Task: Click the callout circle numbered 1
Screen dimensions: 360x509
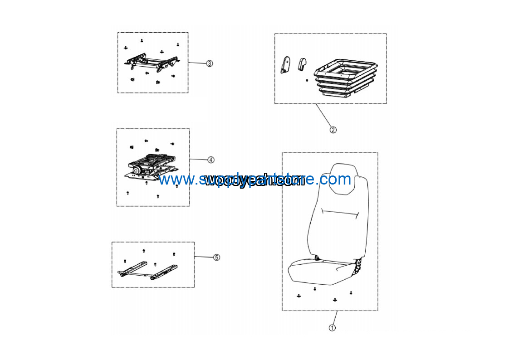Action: pyautogui.click(x=332, y=327)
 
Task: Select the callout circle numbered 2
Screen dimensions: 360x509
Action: pyautogui.click(x=333, y=130)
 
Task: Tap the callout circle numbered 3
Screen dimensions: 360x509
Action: pyautogui.click(x=209, y=63)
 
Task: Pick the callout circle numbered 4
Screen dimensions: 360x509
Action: pyautogui.click(x=211, y=160)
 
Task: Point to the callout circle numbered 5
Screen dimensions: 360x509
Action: pyautogui.click(x=216, y=257)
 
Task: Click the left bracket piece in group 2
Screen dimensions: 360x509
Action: pyautogui.click(x=285, y=64)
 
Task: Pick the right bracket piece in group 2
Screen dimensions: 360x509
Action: pyautogui.click(x=302, y=64)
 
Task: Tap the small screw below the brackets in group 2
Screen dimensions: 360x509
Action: pyautogui.click(x=307, y=81)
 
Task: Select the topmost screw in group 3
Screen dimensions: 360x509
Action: pyautogui.click(x=142, y=40)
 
